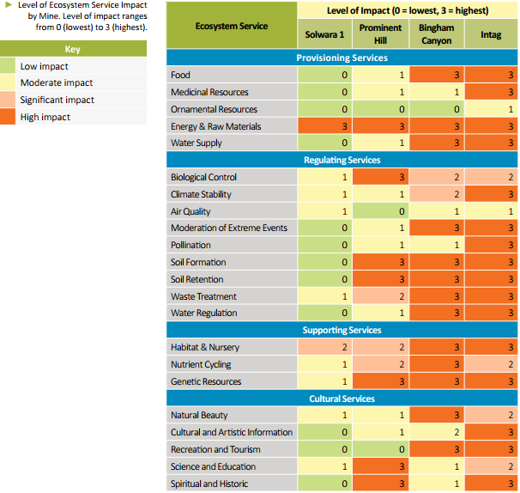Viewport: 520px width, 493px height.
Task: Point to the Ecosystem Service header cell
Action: (231, 26)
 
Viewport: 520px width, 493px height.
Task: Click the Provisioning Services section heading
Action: (342, 58)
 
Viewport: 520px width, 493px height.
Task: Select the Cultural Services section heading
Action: (342, 399)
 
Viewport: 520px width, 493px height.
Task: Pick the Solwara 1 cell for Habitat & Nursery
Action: (324, 347)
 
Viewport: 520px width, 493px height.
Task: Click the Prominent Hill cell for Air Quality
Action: (380, 211)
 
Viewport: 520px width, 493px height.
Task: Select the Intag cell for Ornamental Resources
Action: (491, 109)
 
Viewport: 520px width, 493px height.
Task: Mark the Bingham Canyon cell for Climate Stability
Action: (436, 194)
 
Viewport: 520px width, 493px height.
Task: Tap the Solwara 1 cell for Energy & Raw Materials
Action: (324, 126)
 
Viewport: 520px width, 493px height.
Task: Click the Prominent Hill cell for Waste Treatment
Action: (380, 296)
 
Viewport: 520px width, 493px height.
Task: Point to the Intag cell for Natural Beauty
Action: (491, 416)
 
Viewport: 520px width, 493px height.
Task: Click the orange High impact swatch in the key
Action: (8, 117)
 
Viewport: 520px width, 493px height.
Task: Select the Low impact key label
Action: (44, 66)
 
